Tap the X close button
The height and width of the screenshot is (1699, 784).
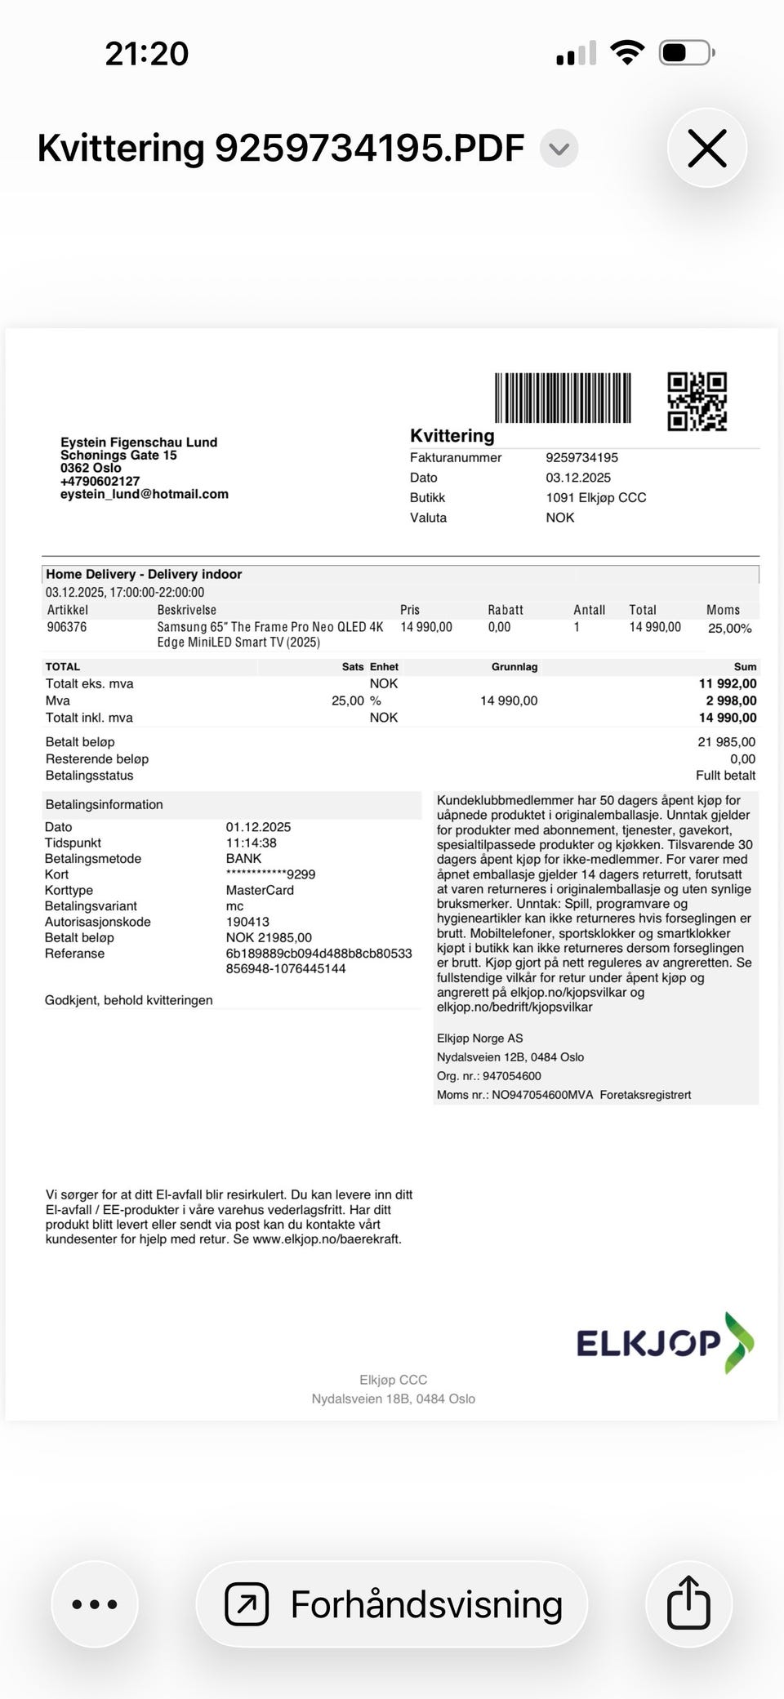[x=706, y=149]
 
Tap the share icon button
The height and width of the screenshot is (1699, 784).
[x=688, y=1603]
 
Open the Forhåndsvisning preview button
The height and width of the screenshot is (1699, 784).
[x=392, y=1604]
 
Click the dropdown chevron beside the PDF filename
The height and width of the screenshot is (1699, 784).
[x=559, y=149]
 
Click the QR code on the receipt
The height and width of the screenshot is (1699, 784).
[x=697, y=402]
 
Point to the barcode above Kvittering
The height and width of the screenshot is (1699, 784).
[x=563, y=398]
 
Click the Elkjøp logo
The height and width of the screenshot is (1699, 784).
[x=665, y=1342]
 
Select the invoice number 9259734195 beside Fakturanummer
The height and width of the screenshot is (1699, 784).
[x=582, y=458]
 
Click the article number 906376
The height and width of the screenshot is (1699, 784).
[x=67, y=627]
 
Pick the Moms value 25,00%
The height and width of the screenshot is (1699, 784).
[x=729, y=629]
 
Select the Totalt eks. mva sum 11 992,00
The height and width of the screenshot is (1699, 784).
[x=728, y=683]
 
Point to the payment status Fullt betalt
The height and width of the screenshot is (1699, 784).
[x=725, y=776]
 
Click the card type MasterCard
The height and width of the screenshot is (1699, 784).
[x=260, y=890]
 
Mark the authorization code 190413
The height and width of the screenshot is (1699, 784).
[x=247, y=922]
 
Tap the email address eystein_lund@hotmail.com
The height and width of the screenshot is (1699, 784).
[x=145, y=494]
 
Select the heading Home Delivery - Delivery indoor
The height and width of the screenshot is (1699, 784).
[x=144, y=574]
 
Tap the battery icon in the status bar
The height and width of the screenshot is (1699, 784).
[x=687, y=54]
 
